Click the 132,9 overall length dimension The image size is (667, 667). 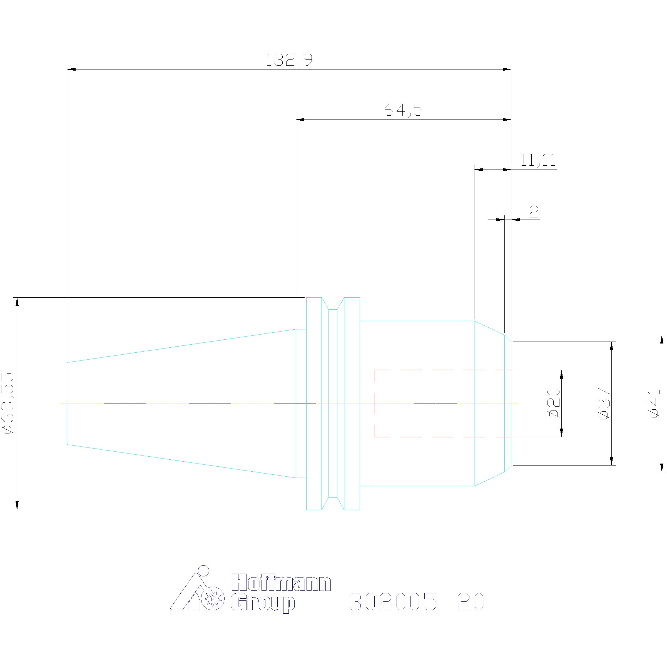(289, 60)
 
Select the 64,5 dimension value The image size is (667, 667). (403, 110)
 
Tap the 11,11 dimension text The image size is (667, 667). (538, 160)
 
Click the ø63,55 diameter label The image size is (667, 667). (8, 403)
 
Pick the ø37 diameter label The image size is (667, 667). (604, 403)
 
